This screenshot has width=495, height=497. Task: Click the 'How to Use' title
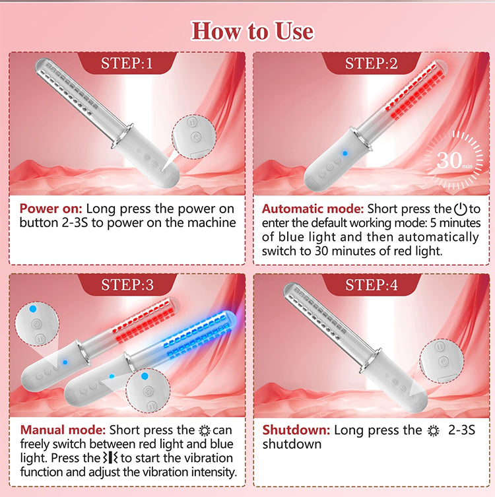click(253, 31)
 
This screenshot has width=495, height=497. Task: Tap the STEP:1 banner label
click(127, 63)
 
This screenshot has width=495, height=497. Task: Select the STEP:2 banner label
click(371, 63)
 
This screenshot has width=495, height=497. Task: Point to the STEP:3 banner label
click(127, 284)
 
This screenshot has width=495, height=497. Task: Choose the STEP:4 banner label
click(372, 284)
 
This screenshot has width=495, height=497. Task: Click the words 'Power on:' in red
click(51, 209)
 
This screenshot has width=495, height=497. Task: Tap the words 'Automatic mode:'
click(312, 209)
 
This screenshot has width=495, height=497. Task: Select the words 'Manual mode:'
click(63, 430)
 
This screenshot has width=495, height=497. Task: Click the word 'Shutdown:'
click(296, 430)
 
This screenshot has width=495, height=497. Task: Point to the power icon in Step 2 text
click(461, 209)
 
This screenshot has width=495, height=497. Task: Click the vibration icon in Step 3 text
click(110, 457)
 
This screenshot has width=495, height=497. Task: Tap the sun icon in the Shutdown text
click(433, 431)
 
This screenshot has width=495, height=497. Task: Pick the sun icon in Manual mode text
click(205, 431)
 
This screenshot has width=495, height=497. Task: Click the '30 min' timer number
click(454, 160)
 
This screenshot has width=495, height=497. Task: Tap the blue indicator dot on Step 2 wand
click(345, 153)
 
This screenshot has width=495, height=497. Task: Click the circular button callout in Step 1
click(194, 137)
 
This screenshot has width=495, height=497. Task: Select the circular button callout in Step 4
click(442, 361)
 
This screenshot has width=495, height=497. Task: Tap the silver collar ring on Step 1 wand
click(122, 137)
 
